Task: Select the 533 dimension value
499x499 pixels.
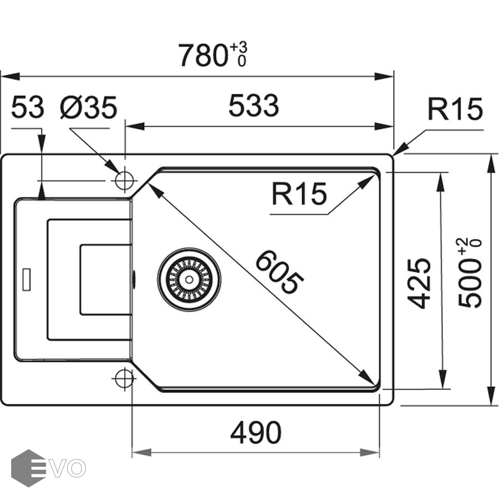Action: (x=253, y=106)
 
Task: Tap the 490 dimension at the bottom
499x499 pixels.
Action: (x=256, y=432)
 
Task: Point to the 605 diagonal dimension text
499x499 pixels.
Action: (x=280, y=272)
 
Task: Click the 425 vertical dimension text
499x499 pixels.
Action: (x=420, y=283)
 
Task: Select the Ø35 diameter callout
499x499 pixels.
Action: (x=89, y=108)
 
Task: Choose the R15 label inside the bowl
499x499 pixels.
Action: (x=299, y=194)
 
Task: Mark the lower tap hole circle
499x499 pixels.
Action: (x=124, y=379)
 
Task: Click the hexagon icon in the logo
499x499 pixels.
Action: (x=28, y=468)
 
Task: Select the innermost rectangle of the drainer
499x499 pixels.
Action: (x=105, y=279)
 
